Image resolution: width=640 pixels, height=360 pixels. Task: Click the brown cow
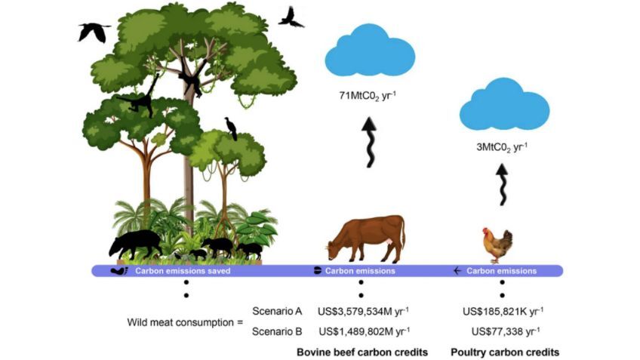tap(368, 237)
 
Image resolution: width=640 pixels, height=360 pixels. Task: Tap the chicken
tap(498, 245)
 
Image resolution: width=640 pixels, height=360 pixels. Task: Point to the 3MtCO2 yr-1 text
tap(502, 148)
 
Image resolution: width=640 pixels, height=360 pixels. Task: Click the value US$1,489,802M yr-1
tap(364, 331)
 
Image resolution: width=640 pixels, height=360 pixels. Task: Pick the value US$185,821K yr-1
tap(503, 311)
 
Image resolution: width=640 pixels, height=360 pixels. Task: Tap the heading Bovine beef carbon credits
tap(362, 352)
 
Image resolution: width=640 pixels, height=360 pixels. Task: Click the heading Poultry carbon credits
tap(505, 352)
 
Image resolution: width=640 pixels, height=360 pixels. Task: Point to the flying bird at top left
tap(94, 31)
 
